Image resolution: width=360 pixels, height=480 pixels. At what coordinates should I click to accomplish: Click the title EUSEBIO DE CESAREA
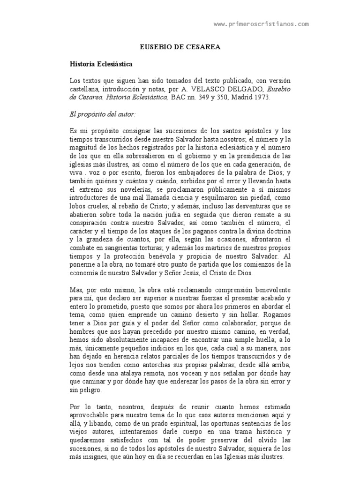point(180,47)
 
